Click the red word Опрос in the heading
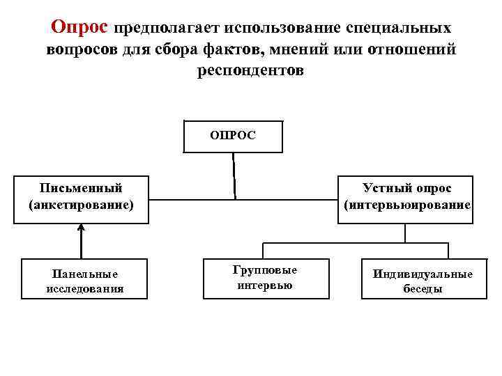pyautogui.click(x=80, y=27)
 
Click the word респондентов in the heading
pyautogui.click(x=251, y=72)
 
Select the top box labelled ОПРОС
pyautogui.click(x=233, y=136)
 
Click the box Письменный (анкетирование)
pyautogui.click(x=81, y=198)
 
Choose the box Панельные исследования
pyautogui.click(x=84, y=279)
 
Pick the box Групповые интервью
pyautogui.click(x=265, y=279)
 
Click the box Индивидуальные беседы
pyautogui.click(x=422, y=279)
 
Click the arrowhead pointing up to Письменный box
pyautogui.click(x=82, y=227)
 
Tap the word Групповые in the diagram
pyautogui.click(x=265, y=270)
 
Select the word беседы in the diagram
pyautogui.click(x=423, y=288)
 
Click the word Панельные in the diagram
pyautogui.click(x=85, y=274)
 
